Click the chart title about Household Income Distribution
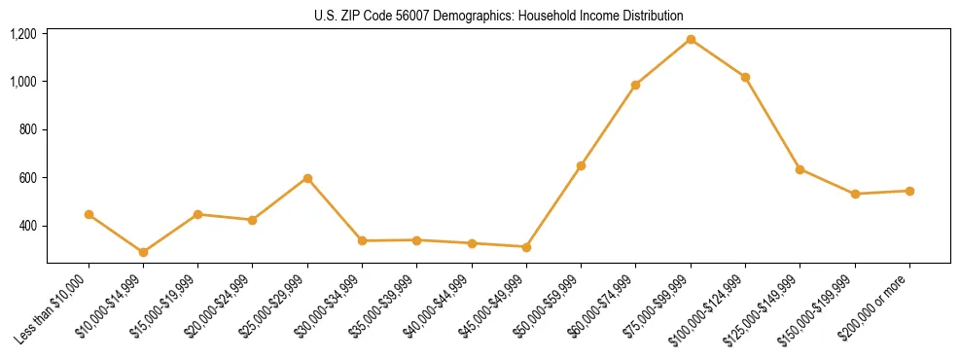coord(499,16)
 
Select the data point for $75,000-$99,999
coord(691,39)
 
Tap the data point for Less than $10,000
coord(89,214)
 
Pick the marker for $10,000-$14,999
coord(143,252)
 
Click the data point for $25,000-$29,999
coord(307,178)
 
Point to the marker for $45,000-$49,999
coord(526,247)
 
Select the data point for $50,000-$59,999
coord(581,165)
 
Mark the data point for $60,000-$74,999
coord(635,85)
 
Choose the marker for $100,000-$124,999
coord(745,77)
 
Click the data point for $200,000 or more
coord(909,191)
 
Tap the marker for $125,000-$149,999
coord(800,169)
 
